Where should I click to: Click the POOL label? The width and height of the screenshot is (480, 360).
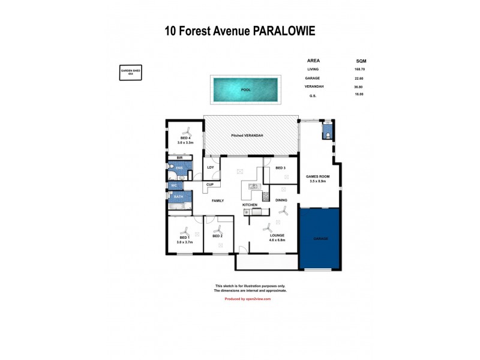pos(246,90)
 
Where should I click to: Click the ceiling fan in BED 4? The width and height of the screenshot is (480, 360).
pos(187,131)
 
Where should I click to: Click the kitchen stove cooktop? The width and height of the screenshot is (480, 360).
pos(266,196)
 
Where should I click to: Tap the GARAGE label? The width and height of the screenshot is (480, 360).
pos(320,238)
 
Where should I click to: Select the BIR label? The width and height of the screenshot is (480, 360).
pos(179,158)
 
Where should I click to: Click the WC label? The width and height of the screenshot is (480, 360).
pos(175,185)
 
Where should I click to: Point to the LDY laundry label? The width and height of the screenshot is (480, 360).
pos(211,167)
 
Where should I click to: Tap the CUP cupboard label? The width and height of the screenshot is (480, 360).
pos(210,185)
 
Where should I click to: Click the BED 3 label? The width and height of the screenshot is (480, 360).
pos(281,168)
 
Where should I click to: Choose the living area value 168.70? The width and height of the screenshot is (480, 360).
pos(360,69)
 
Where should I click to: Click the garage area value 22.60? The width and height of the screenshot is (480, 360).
pos(360,78)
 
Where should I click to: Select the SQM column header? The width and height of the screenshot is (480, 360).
pos(361,61)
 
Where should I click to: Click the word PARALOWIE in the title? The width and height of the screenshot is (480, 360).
pos(281,31)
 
